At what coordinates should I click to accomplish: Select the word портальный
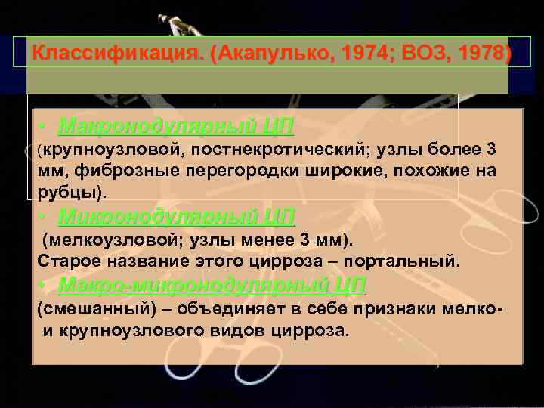click(x=404, y=261)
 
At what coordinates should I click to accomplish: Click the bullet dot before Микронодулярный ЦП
click(x=46, y=218)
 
